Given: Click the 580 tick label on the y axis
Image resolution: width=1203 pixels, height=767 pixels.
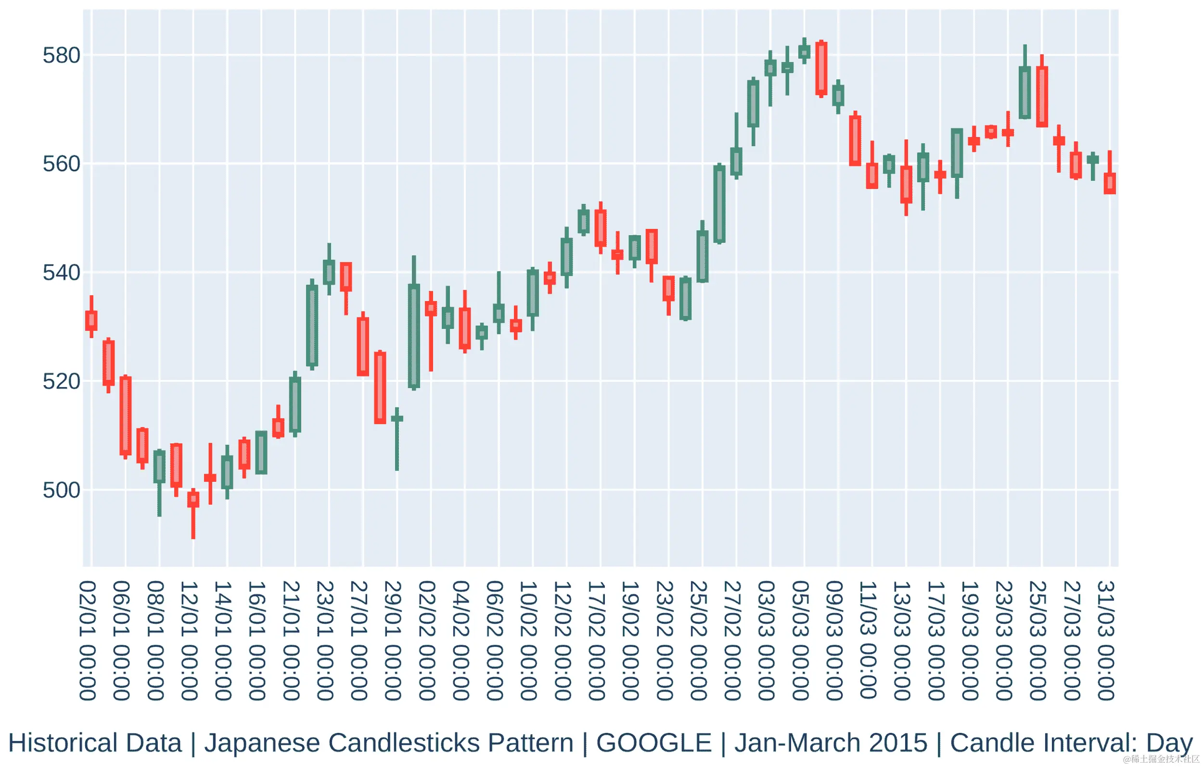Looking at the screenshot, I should pyautogui.click(x=61, y=55).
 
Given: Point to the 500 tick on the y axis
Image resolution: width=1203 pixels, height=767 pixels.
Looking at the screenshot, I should pyautogui.click(x=61, y=490).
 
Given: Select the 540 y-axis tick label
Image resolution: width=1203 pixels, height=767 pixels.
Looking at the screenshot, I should pyautogui.click(x=61, y=273).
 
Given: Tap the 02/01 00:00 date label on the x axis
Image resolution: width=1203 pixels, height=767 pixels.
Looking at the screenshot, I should pyautogui.click(x=88, y=641).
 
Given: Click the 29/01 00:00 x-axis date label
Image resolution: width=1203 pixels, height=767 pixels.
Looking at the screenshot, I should pyautogui.click(x=393, y=641).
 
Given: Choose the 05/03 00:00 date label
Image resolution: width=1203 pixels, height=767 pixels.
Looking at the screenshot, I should pyautogui.click(x=801, y=641).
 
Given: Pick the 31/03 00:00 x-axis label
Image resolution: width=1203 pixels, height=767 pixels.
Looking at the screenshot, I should pyautogui.click(x=1106, y=641).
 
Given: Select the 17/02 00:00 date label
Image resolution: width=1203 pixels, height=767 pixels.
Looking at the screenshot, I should pyautogui.click(x=597, y=641).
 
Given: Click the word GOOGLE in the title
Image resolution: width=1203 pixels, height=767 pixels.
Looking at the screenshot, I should pyautogui.click(x=654, y=742).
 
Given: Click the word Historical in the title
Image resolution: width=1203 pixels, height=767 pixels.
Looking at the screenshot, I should pyautogui.click(x=95, y=742).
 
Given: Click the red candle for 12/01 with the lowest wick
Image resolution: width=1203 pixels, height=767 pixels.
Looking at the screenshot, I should pyautogui.click(x=193, y=499).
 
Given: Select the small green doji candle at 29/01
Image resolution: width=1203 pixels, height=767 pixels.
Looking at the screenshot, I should pyautogui.click(x=397, y=418).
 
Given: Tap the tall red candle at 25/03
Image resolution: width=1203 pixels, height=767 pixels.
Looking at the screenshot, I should pyautogui.click(x=1042, y=96).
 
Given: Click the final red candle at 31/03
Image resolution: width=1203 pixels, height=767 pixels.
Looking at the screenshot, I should pyautogui.click(x=1110, y=183).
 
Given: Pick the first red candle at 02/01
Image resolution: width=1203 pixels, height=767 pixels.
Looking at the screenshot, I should pyautogui.click(x=91, y=320).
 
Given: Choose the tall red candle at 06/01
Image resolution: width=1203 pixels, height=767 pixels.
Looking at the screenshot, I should pyautogui.click(x=126, y=415).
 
